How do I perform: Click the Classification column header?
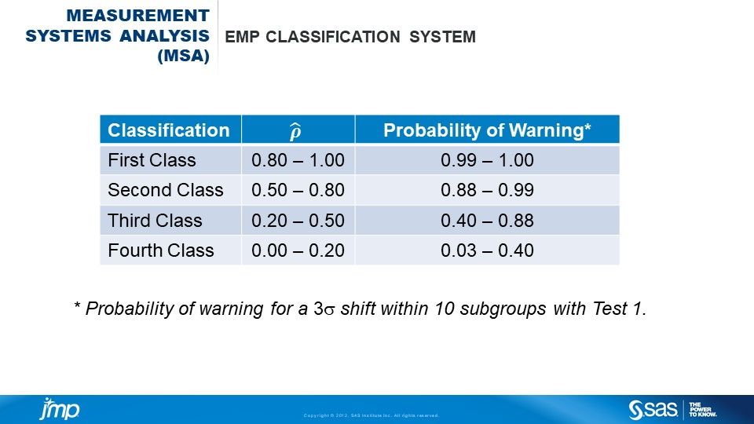click(x=169, y=130)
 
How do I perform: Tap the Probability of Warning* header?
click(x=487, y=130)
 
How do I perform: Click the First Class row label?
click(x=152, y=161)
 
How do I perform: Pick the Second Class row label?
click(x=166, y=191)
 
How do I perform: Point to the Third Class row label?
click(x=155, y=221)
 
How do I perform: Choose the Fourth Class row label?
click(x=161, y=250)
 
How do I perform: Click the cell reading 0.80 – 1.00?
click(x=298, y=161)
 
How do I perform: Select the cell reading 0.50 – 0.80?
click(x=298, y=191)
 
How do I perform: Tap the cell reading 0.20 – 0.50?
click(x=298, y=221)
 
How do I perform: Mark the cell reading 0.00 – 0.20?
click(x=298, y=250)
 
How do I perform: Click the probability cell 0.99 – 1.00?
click(x=487, y=161)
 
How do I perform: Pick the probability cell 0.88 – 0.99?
click(x=487, y=191)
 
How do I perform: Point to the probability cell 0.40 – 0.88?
click(x=487, y=221)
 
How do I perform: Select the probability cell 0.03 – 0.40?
click(x=487, y=250)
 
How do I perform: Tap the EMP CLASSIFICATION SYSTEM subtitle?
click(x=350, y=37)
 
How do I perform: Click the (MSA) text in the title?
click(x=184, y=57)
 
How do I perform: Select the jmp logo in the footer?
click(x=60, y=408)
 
